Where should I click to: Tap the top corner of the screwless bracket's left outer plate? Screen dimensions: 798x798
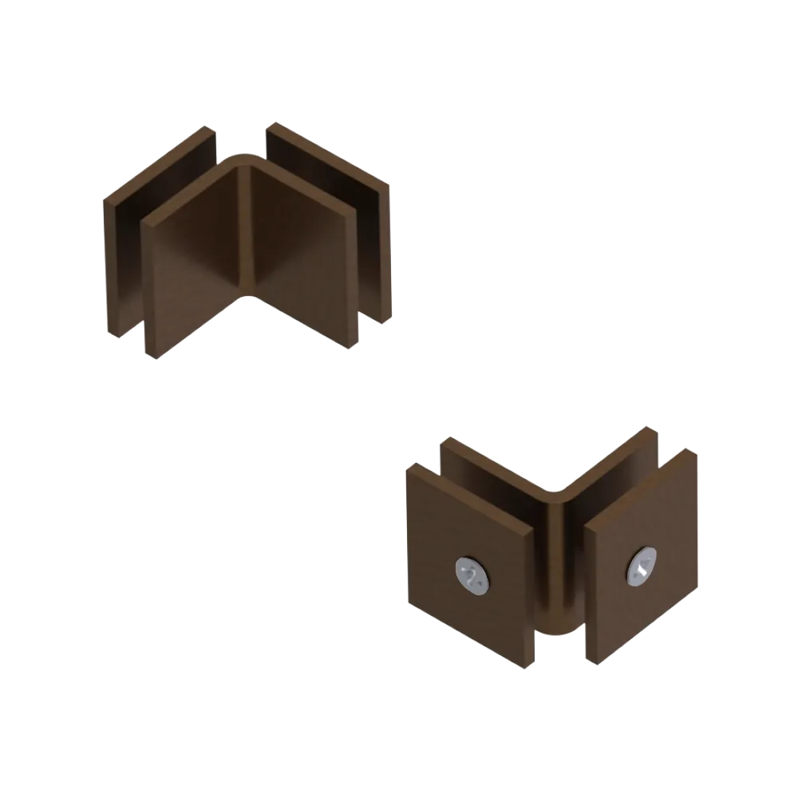tap(209, 128)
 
